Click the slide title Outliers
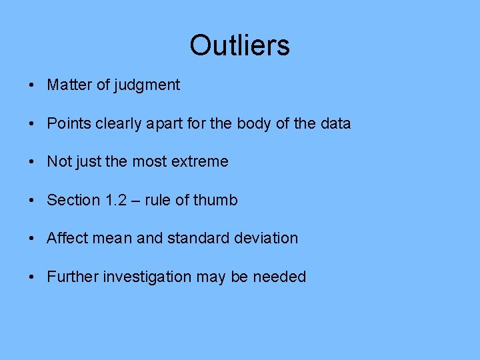point(239,45)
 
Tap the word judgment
point(147,85)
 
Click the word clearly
point(118,124)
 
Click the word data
point(334,124)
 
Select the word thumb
point(215,200)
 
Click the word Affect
point(67,238)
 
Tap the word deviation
point(265,238)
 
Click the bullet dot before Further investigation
point(31,277)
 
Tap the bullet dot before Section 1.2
point(31,201)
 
